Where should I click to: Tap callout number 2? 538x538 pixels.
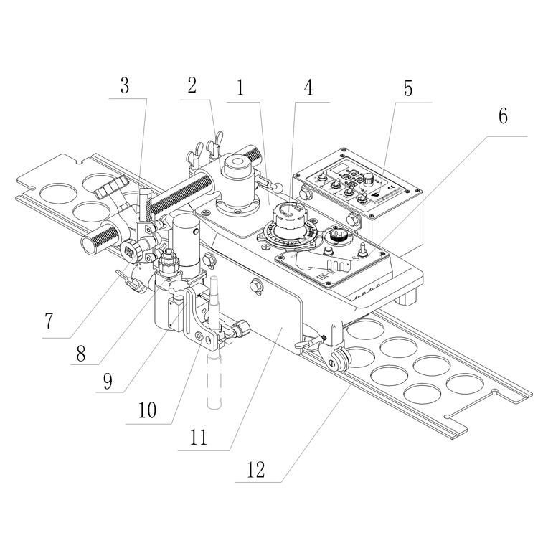[x=192, y=87]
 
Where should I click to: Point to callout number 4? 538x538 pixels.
[x=308, y=90]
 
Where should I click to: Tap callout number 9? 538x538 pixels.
[x=107, y=381]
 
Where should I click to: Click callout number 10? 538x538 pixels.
[x=146, y=411]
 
